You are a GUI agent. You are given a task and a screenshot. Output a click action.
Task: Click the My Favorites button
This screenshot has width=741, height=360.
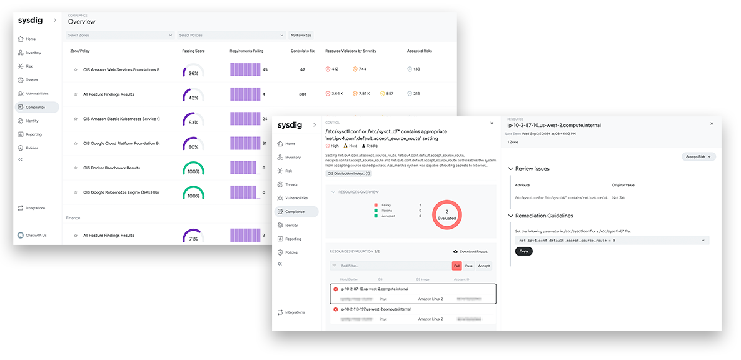pos(301,36)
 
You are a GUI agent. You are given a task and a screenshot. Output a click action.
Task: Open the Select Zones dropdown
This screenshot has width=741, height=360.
pos(119,36)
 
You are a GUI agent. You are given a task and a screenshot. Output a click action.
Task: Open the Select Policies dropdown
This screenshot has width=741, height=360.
pos(231,36)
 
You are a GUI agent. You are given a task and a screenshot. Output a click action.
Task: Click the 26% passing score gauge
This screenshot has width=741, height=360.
pos(193,71)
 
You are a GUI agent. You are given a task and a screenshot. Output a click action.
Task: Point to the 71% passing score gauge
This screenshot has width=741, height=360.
pos(193,237)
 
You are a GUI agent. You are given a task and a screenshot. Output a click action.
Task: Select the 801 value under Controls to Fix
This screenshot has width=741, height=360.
pos(303,94)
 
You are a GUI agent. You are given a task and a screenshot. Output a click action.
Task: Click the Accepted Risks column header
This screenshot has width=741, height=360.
pos(419,51)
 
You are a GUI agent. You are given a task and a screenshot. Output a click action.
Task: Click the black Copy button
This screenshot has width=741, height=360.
pos(524,251)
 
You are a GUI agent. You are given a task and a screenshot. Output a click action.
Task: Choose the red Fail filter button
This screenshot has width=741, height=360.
pos(456,266)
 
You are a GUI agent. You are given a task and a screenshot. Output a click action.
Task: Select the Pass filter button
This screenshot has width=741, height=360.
pos(469,266)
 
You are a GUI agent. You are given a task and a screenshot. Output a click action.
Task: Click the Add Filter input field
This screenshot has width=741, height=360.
pos(388,266)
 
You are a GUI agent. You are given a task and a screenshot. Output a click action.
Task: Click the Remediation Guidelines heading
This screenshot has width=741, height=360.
pos(543,216)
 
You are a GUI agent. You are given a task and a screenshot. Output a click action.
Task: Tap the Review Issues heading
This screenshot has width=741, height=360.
pos(532,169)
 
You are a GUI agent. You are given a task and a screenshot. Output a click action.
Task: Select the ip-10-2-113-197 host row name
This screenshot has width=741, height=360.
pos(375,309)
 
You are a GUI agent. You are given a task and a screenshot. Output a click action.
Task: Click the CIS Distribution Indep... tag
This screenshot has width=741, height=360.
pos(348,173)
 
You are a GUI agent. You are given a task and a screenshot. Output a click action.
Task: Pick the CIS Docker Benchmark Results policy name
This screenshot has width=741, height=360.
pos(111,168)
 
